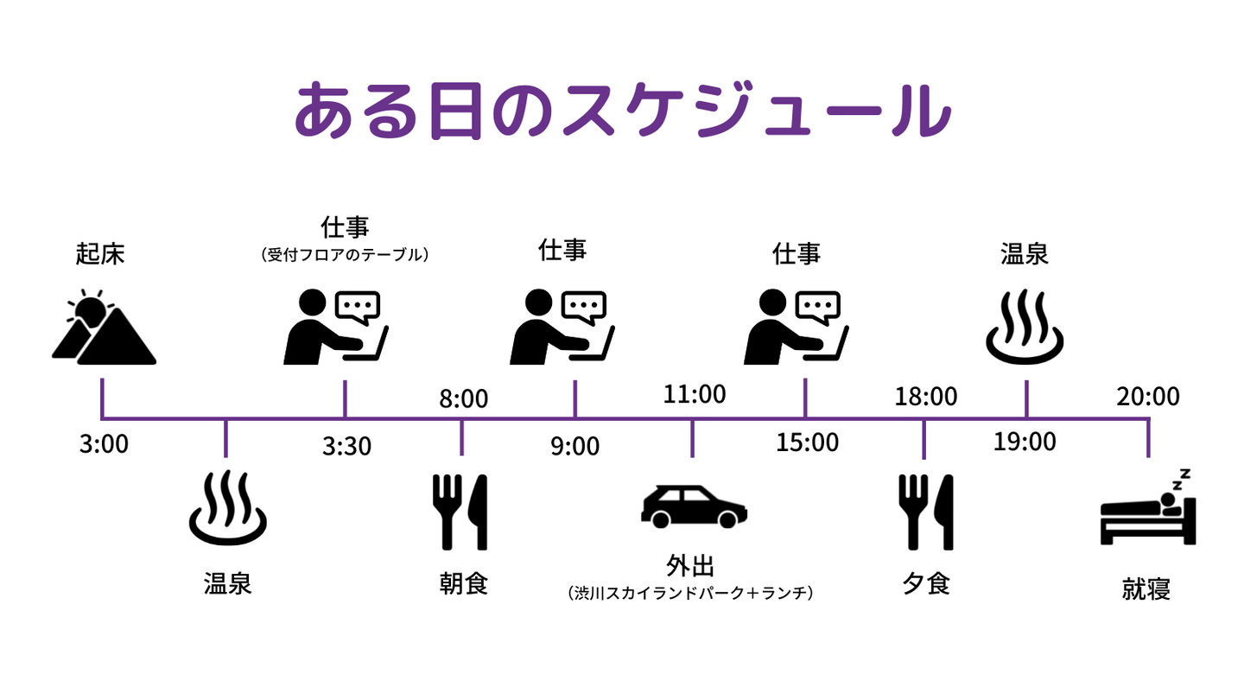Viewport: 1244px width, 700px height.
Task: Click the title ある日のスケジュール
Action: click(x=622, y=111)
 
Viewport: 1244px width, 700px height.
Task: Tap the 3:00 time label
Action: click(x=103, y=445)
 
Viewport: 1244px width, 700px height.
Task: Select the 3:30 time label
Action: click(x=346, y=446)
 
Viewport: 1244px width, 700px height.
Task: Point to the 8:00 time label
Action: click(x=463, y=398)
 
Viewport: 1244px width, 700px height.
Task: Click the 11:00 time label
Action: click(x=695, y=394)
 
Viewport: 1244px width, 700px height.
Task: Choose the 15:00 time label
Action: click(x=807, y=442)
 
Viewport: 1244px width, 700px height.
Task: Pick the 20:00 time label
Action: click(x=1147, y=396)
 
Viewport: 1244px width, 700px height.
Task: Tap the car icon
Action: click(x=694, y=506)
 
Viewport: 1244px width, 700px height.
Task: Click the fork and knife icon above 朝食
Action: click(x=460, y=512)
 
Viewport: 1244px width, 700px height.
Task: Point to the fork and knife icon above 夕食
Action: click(x=925, y=512)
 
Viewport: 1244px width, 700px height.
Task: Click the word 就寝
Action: click(x=1146, y=589)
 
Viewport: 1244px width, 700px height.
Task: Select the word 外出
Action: click(x=691, y=567)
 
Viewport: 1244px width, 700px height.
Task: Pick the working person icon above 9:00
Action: click(x=562, y=326)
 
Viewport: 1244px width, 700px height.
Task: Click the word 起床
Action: click(x=100, y=254)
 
